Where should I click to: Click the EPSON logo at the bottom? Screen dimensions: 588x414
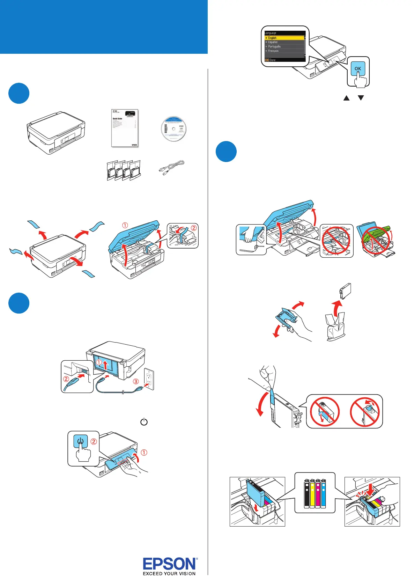pyautogui.click(x=170, y=564)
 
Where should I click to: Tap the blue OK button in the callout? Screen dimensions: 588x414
pyautogui.click(x=358, y=68)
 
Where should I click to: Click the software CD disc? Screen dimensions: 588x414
pyautogui.click(x=173, y=129)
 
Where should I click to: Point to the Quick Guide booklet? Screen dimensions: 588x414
pyautogui.click(x=125, y=128)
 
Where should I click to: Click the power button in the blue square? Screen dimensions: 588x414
pyautogui.click(x=81, y=440)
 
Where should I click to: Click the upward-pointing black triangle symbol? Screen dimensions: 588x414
pyautogui.click(x=346, y=98)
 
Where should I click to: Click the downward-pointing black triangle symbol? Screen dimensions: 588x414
pyautogui.click(x=361, y=98)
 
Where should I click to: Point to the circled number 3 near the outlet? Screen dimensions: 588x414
pyautogui.click(x=136, y=381)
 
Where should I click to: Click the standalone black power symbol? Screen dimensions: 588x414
pyautogui.click(x=144, y=422)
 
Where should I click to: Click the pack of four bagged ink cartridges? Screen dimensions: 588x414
pyautogui.click(x=124, y=170)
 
